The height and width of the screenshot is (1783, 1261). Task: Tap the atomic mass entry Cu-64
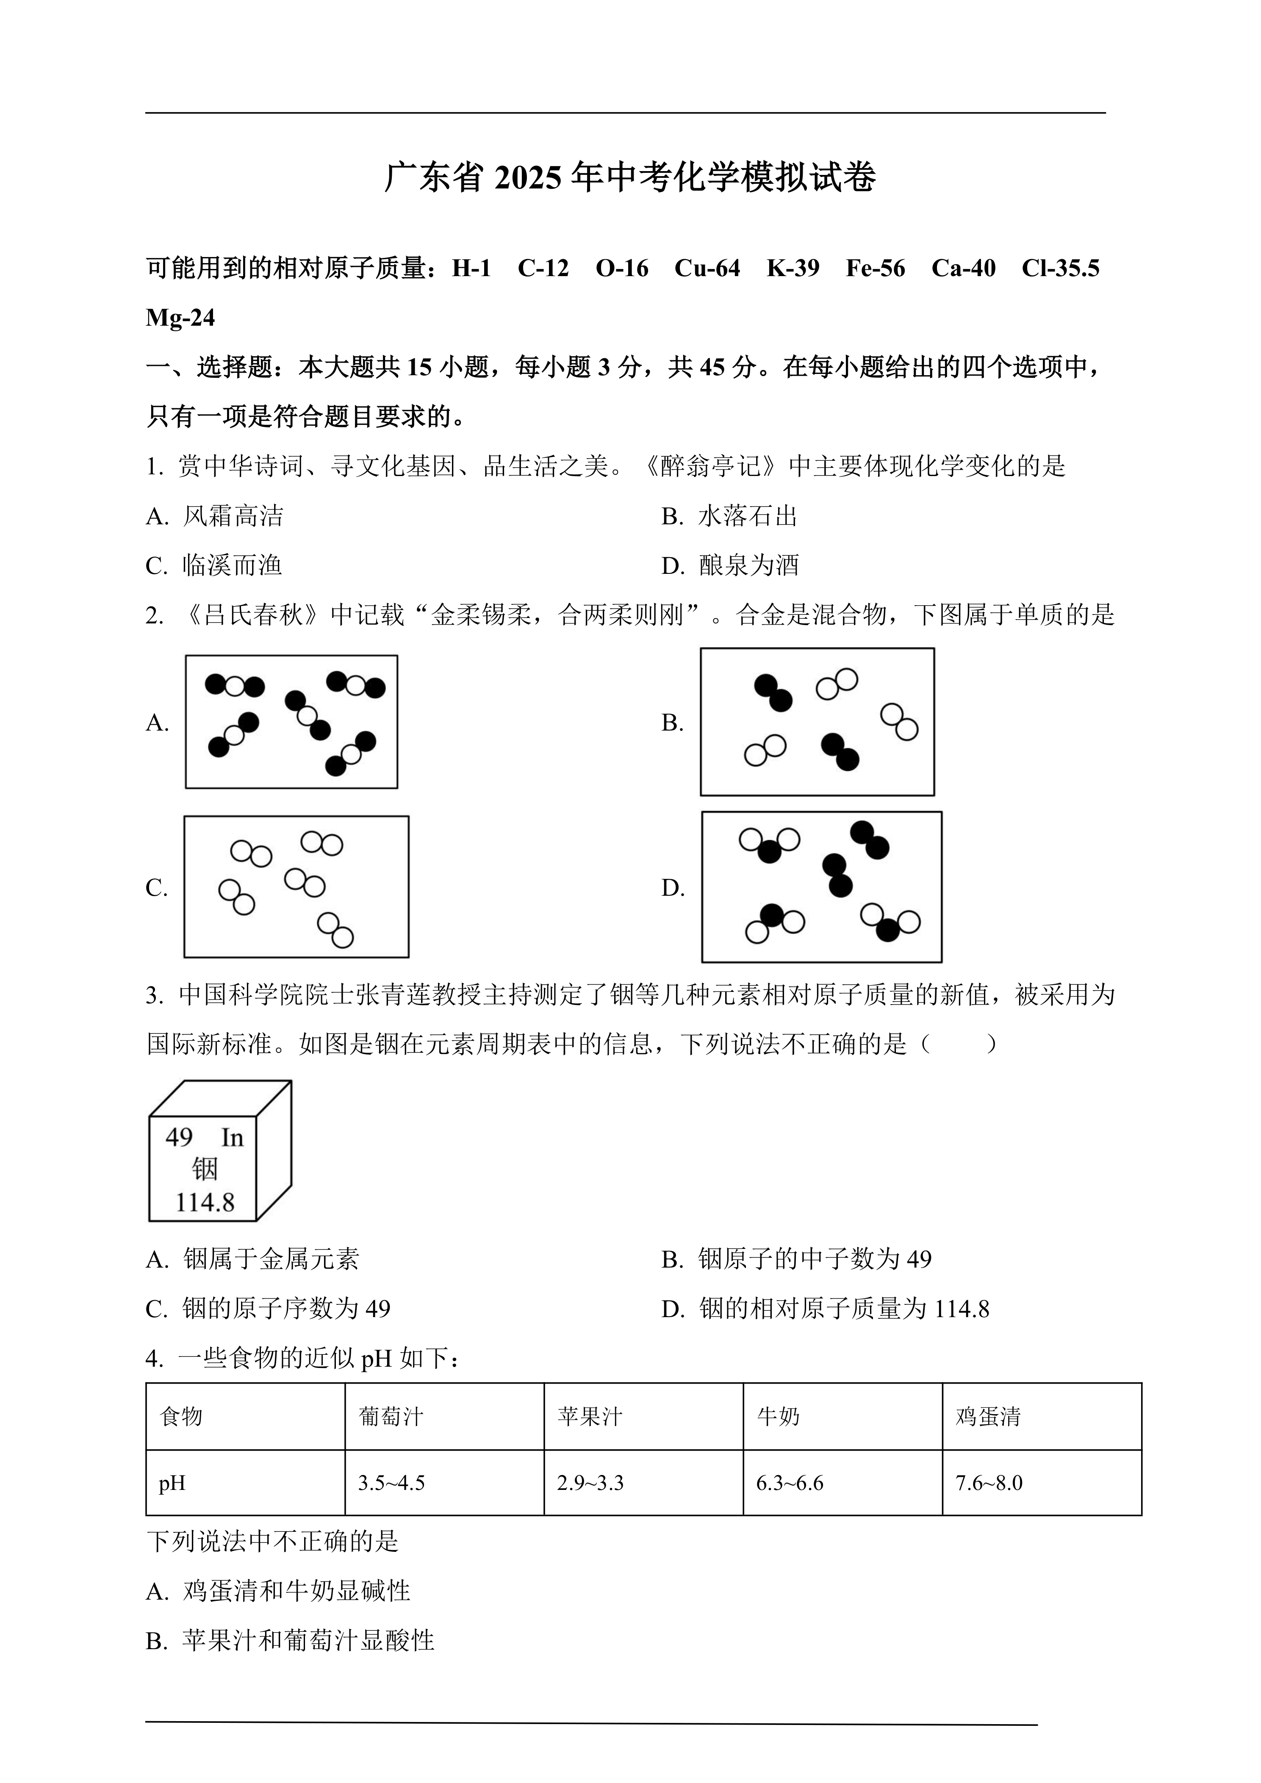pyautogui.click(x=707, y=268)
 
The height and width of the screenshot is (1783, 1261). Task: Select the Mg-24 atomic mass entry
pyautogui.click(x=180, y=318)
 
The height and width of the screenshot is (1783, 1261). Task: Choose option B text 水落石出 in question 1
pyautogui.click(x=748, y=516)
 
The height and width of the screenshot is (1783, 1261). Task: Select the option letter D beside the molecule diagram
pyautogui.click(x=672, y=888)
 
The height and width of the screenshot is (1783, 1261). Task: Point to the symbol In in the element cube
pyautogui.click(x=232, y=1138)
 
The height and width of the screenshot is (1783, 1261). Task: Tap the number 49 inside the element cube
pyautogui.click(x=179, y=1138)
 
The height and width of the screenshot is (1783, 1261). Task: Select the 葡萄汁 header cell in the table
pyautogui.click(x=391, y=1417)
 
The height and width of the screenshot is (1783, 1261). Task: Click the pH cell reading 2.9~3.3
pyautogui.click(x=590, y=1483)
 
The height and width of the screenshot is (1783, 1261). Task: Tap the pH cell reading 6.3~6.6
pyautogui.click(x=790, y=1483)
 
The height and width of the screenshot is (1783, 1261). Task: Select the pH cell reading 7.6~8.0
pyautogui.click(x=989, y=1483)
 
